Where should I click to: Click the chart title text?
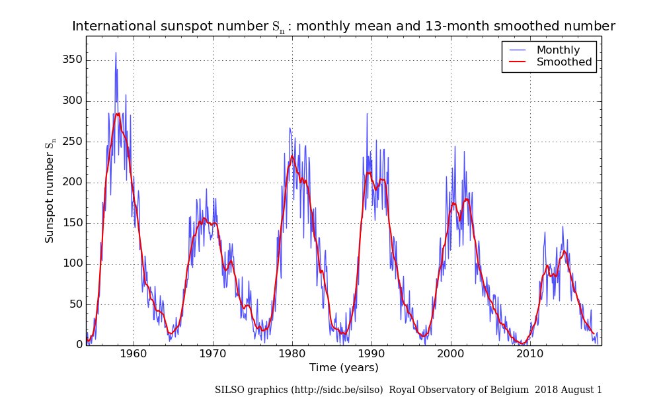click(343, 26)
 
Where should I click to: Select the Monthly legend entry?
click(558, 50)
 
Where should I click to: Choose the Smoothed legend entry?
click(564, 63)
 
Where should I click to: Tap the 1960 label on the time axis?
click(134, 354)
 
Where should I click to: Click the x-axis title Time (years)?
click(344, 368)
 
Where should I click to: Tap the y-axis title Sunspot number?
click(50, 192)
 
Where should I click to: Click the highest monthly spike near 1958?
click(116, 53)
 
